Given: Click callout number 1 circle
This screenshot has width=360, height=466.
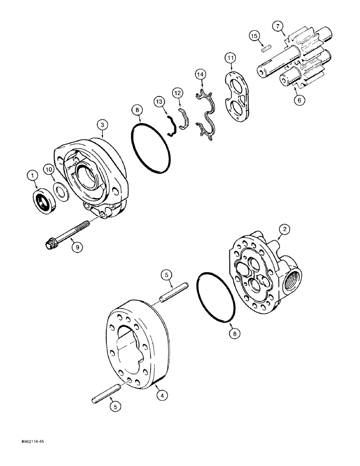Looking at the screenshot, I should click(32, 176).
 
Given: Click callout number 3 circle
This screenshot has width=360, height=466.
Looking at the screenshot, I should click(102, 124).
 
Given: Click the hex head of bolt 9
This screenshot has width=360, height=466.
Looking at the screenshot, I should click(49, 244).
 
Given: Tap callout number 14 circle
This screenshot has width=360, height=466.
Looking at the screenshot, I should click(200, 74).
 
